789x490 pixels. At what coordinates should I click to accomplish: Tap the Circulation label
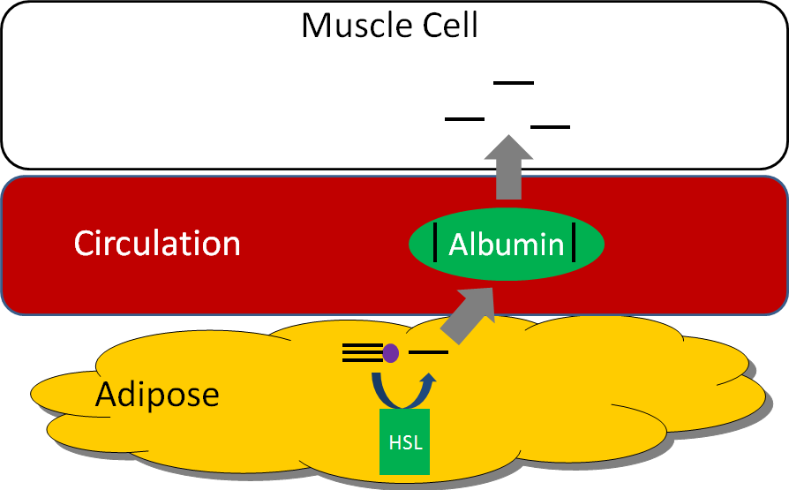click(x=157, y=243)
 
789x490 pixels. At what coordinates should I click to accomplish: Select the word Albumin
click(x=507, y=245)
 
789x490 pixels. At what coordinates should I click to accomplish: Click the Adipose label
click(x=157, y=394)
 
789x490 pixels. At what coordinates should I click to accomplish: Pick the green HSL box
click(x=405, y=441)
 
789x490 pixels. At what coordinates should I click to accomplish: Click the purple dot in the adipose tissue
click(x=391, y=354)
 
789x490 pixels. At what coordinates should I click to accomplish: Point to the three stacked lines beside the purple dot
click(x=362, y=354)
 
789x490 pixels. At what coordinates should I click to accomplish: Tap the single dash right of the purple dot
click(x=429, y=353)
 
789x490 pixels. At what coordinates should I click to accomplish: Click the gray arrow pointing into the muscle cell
click(x=507, y=168)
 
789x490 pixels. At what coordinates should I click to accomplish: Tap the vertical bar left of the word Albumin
click(x=437, y=245)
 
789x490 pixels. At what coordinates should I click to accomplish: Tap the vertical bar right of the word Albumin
click(x=575, y=245)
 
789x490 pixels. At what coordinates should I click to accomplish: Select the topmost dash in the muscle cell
click(x=514, y=83)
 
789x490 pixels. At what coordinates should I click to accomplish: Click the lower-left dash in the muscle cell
click(x=465, y=118)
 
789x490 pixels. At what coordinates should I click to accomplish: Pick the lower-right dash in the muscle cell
click(x=550, y=127)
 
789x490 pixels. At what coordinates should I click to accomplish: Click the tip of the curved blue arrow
click(x=430, y=377)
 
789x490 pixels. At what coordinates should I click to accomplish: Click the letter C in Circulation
click(x=85, y=243)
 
